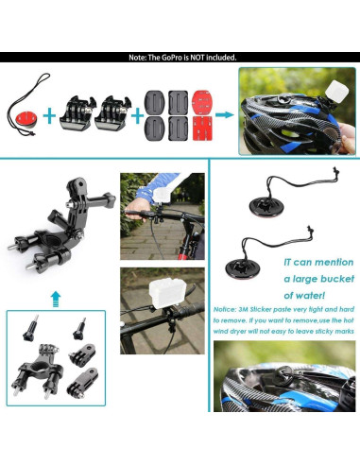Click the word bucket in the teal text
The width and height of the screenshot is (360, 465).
(331, 281)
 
